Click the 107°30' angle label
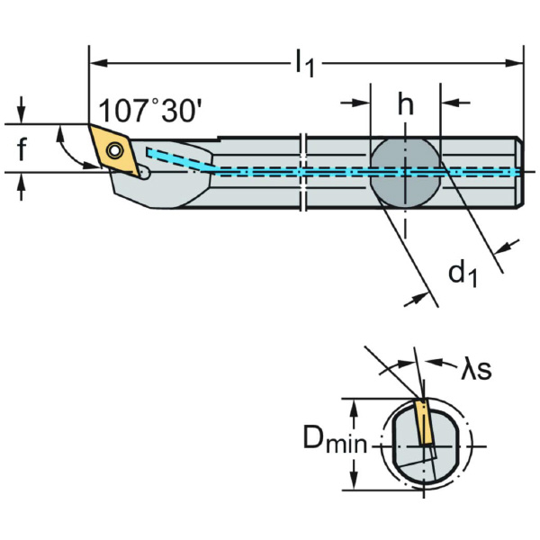(x=150, y=111)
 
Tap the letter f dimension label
(x=23, y=149)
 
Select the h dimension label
(x=406, y=106)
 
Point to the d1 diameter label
(x=463, y=273)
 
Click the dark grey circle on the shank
(x=405, y=171)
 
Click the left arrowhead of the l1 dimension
(x=95, y=63)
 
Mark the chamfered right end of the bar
(x=518, y=171)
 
